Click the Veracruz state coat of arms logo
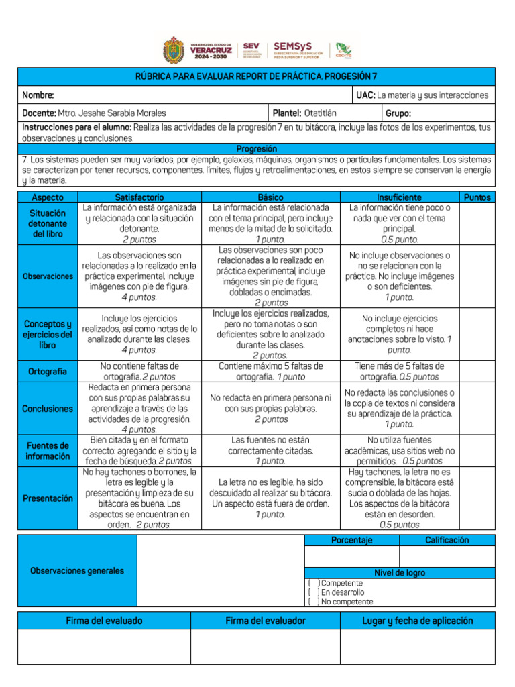click(x=176, y=50)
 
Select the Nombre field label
click(x=38, y=95)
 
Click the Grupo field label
click(x=398, y=113)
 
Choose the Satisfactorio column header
click(x=139, y=197)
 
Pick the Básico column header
click(x=270, y=197)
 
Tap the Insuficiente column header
click(x=399, y=197)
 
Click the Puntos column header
click(x=477, y=197)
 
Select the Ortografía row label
click(x=48, y=371)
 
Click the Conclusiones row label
click(x=48, y=408)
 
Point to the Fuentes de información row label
click(x=48, y=451)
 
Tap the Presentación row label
click(x=48, y=498)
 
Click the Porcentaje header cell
click(x=352, y=540)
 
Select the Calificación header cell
click(x=447, y=540)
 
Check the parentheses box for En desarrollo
click(x=312, y=592)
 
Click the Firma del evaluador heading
click(x=266, y=621)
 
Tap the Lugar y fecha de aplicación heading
click(x=417, y=621)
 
